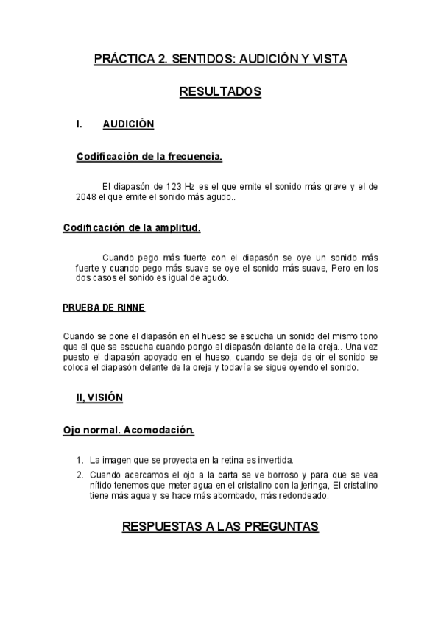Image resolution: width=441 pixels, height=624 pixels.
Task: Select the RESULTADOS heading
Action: (x=220, y=92)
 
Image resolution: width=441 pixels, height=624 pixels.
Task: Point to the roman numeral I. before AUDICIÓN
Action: (x=79, y=124)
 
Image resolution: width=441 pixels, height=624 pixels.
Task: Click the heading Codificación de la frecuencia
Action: (x=149, y=157)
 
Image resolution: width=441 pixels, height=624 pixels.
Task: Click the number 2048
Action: (x=87, y=197)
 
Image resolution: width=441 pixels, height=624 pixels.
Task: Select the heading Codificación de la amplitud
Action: (x=132, y=227)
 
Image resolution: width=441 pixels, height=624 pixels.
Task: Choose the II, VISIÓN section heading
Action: (x=99, y=397)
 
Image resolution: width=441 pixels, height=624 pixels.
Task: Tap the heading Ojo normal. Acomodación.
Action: (x=129, y=429)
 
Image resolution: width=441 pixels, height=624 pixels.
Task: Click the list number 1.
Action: (x=80, y=459)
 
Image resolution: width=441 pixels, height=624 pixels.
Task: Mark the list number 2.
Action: (x=80, y=475)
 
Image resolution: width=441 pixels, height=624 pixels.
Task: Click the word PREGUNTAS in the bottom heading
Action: (x=280, y=527)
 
